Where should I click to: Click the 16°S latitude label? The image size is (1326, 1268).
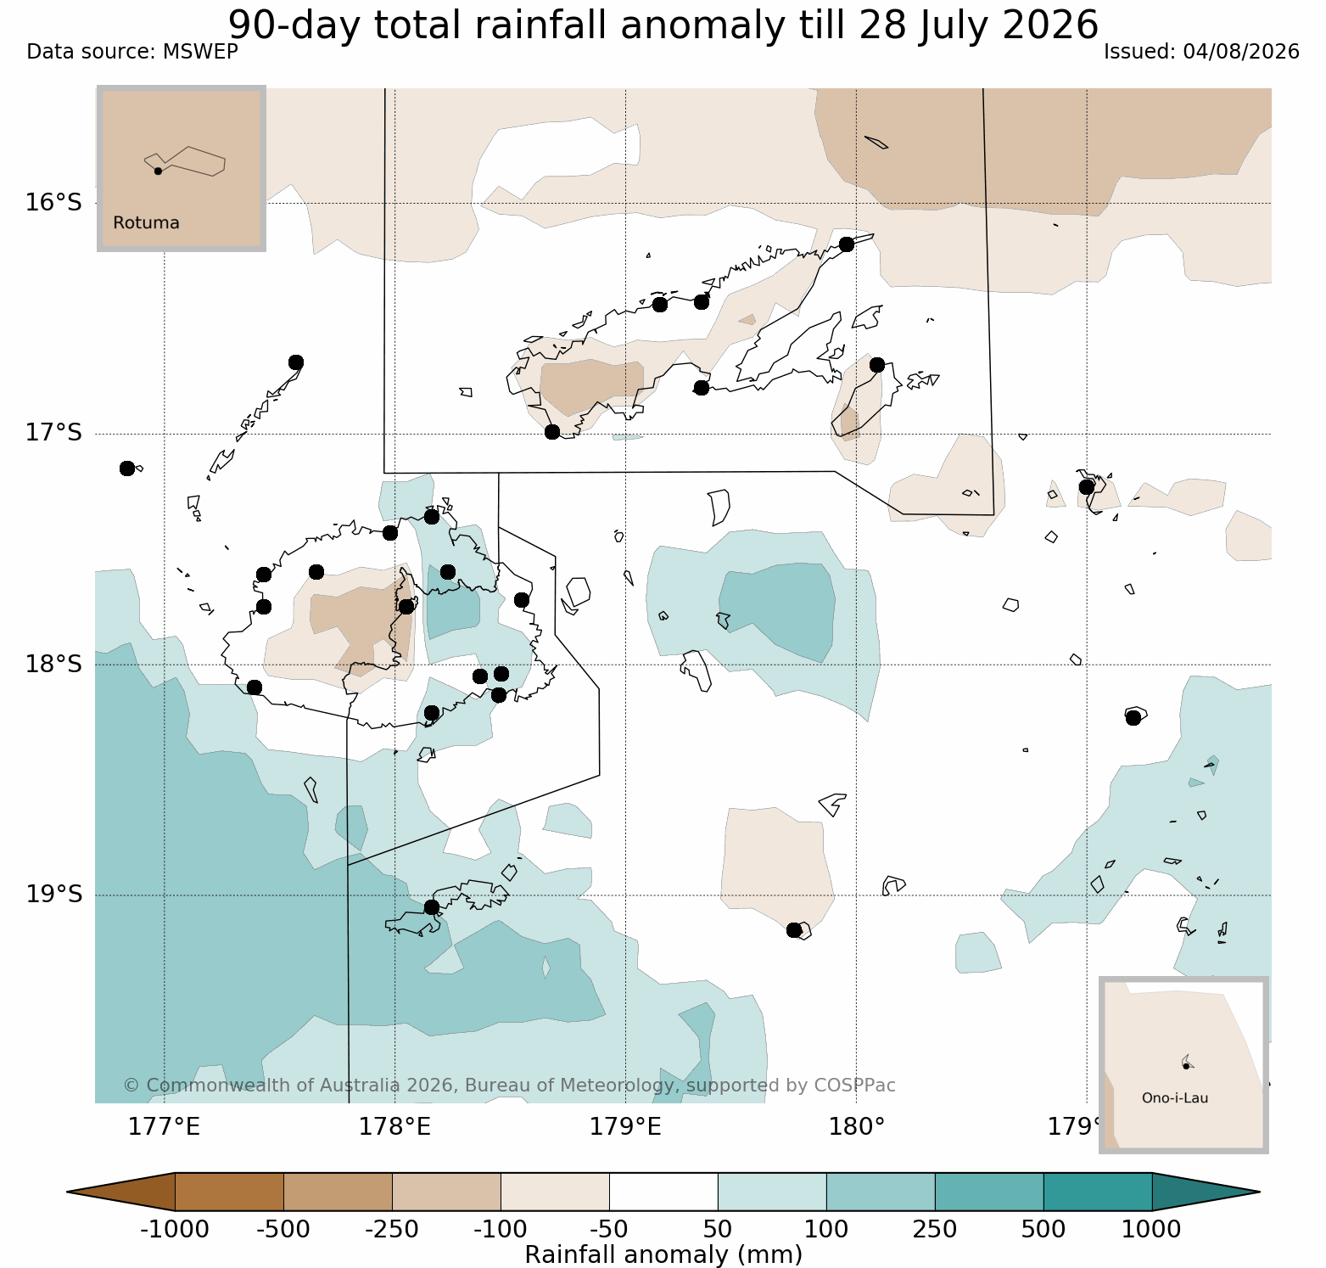tap(53, 203)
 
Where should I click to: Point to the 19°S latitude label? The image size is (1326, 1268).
tap(53, 895)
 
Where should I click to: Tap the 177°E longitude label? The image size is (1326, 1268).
tap(164, 1127)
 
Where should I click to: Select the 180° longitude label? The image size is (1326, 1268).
tap(856, 1127)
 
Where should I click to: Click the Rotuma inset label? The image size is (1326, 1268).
tap(146, 223)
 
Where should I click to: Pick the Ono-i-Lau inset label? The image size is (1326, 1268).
tap(1175, 1098)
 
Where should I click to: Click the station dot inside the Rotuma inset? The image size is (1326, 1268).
tap(158, 171)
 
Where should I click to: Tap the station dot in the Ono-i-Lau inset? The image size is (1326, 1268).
tap(1186, 1065)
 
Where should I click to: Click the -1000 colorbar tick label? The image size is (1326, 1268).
tap(174, 1229)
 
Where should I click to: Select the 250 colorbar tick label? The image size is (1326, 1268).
tap(935, 1229)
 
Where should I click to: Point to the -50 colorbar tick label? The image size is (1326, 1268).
tap(608, 1229)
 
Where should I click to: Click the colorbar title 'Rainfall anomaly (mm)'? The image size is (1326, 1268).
tap(663, 1254)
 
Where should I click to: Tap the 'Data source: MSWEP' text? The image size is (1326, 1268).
tap(132, 52)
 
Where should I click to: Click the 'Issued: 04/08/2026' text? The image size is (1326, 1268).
tap(1201, 52)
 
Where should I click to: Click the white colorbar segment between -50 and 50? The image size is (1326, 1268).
tap(663, 1192)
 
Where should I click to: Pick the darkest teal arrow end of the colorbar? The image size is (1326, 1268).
tap(1206, 1192)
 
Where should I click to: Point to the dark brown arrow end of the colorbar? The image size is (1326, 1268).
tap(121, 1192)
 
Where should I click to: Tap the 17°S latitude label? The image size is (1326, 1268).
tap(53, 433)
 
